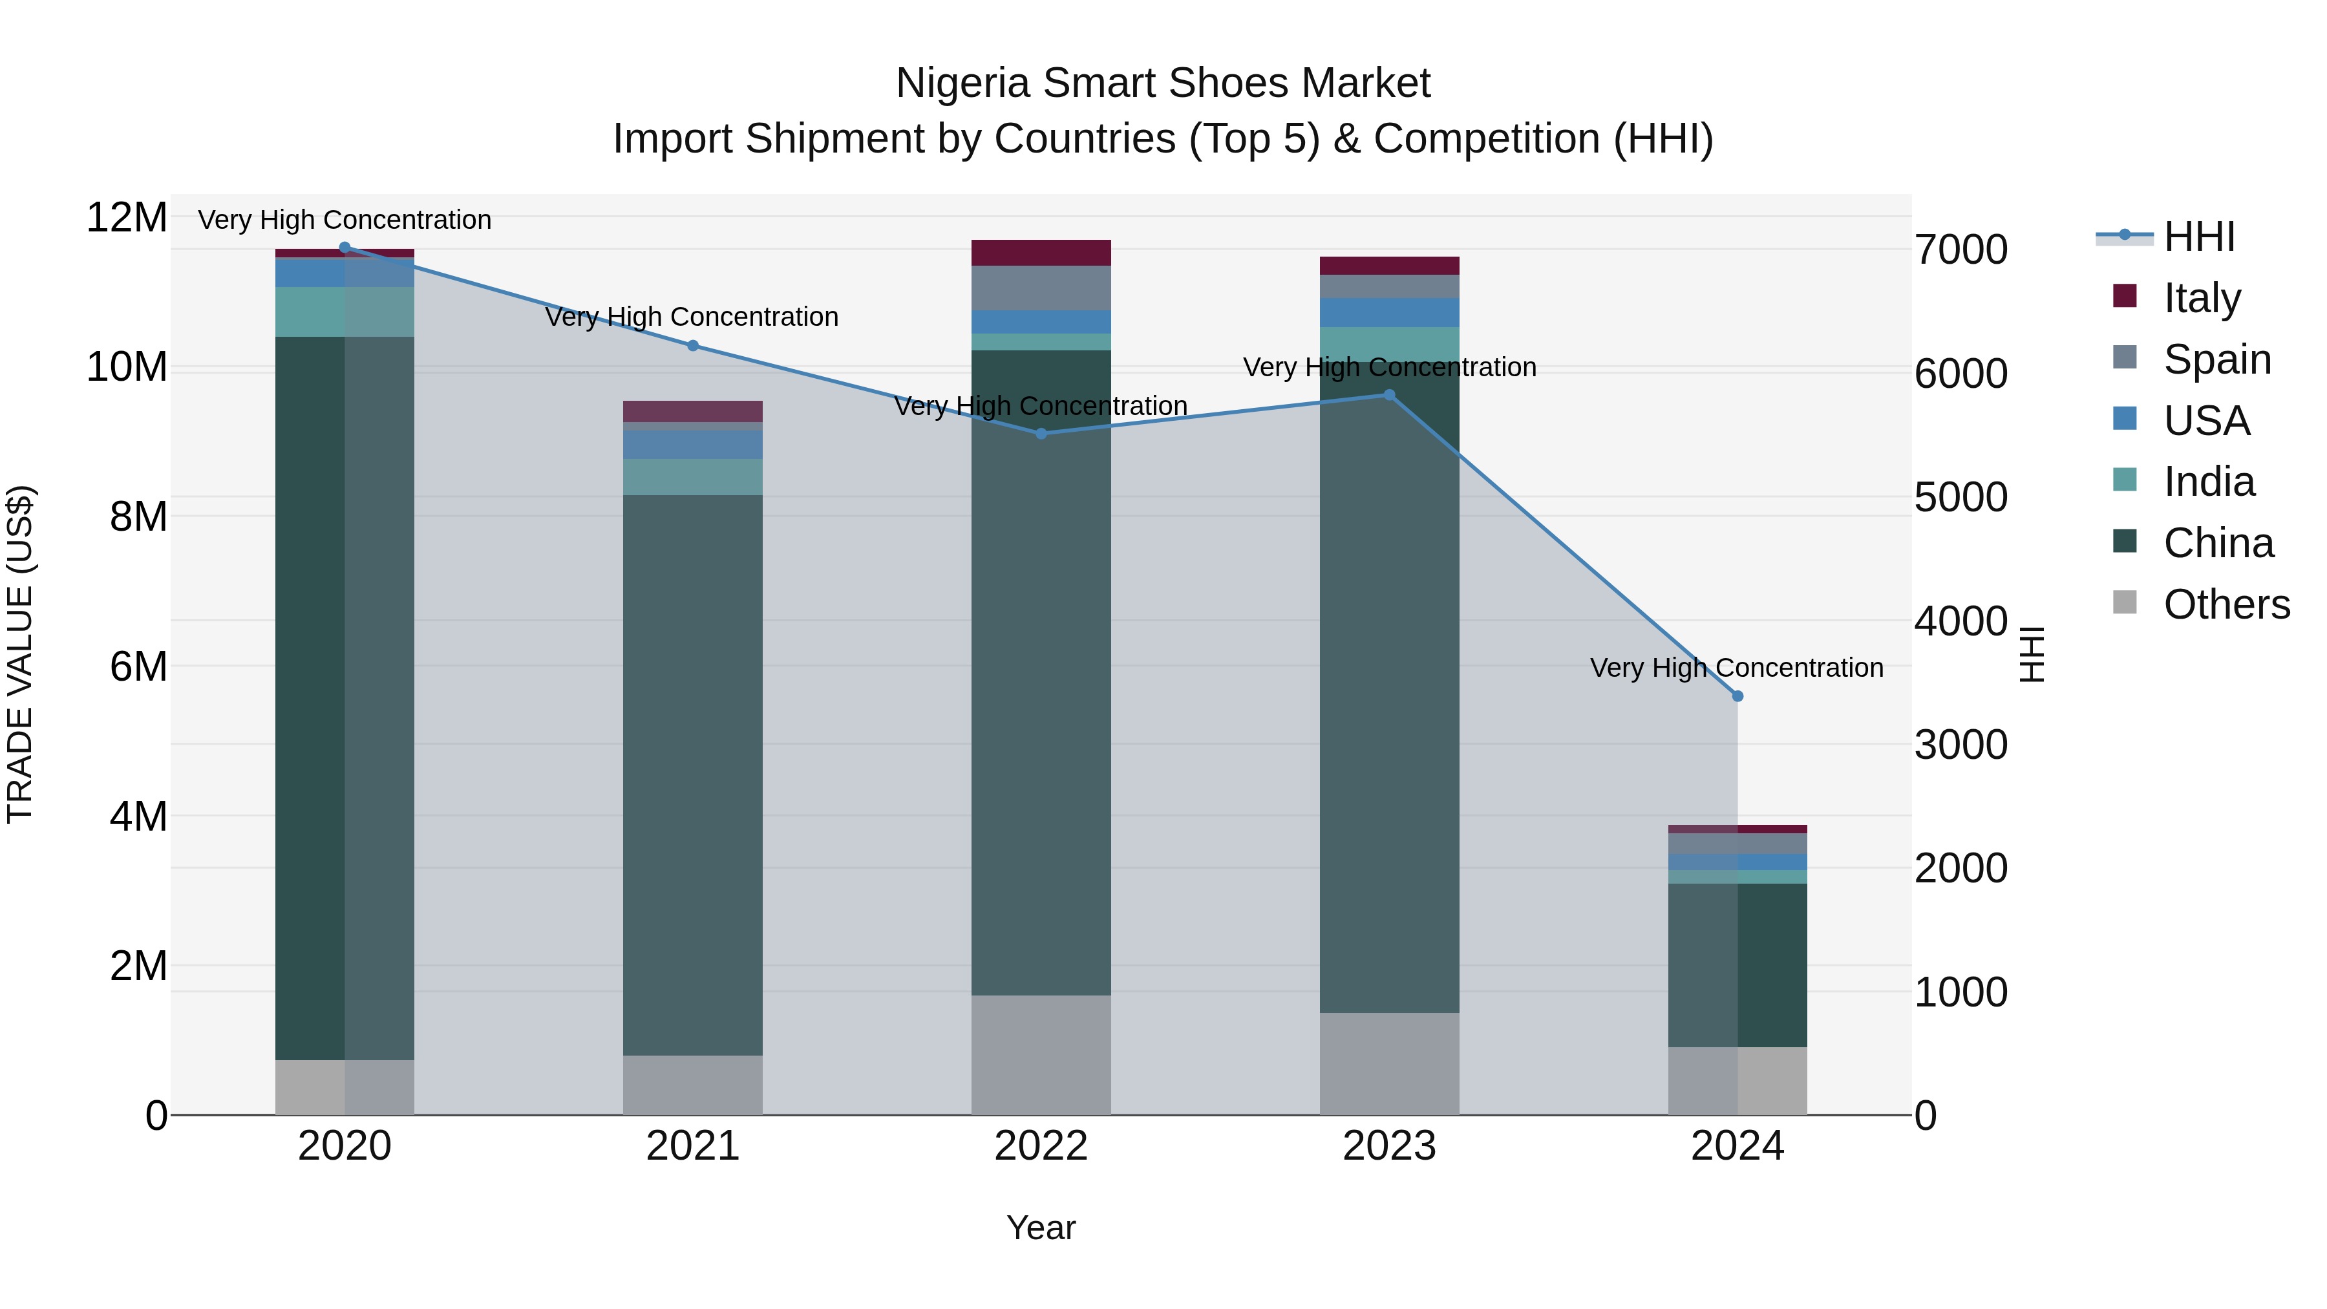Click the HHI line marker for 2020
click(344, 248)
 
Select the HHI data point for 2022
click(1041, 434)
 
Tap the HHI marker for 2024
click(1737, 696)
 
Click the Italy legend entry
click(2202, 298)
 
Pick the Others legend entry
click(2226, 604)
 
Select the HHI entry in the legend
click(2199, 237)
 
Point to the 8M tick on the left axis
click(137, 516)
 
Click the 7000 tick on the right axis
click(1960, 250)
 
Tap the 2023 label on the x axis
click(1388, 1146)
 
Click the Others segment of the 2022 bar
click(1041, 1054)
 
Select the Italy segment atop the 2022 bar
click(1041, 253)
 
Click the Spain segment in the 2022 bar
click(1041, 288)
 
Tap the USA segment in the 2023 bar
click(1388, 313)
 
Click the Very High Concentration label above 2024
click(1736, 668)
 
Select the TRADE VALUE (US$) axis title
click(20, 654)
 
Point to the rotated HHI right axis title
click(2031, 654)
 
